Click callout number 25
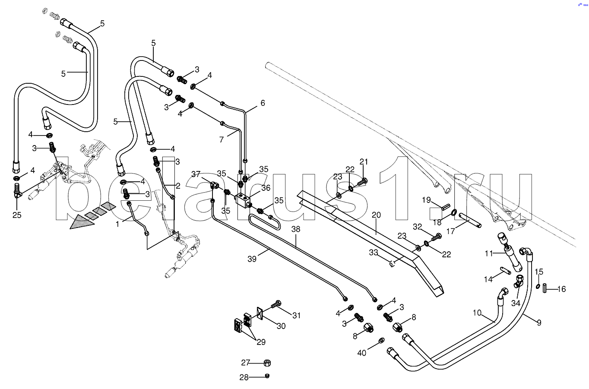[x=16, y=215]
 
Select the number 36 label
[x=266, y=188]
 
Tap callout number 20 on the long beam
[x=376, y=215]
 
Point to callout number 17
[x=450, y=231]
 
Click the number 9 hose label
[x=538, y=321]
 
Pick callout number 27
[x=246, y=362]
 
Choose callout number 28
[x=244, y=377]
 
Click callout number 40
[x=361, y=353]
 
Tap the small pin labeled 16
[x=545, y=287]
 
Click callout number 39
[x=252, y=259]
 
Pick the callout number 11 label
[x=488, y=253]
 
